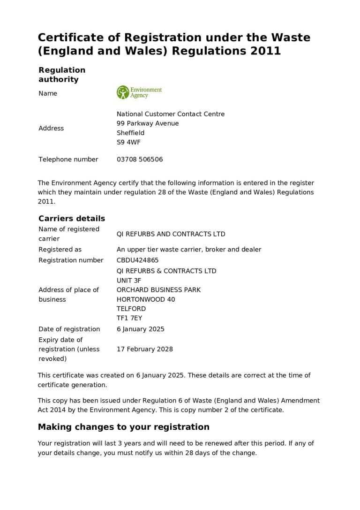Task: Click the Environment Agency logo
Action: pos(139,92)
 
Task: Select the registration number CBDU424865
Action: pos(137,260)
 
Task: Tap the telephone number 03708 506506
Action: pos(140,160)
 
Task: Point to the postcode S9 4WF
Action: pos(128,142)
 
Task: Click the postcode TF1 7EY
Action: pos(129,318)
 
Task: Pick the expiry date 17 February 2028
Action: pos(144,349)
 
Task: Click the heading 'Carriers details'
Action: pos(72,219)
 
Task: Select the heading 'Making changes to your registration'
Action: pos(123,427)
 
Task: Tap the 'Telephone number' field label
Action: pos(68,160)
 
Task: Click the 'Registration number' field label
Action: pos(71,260)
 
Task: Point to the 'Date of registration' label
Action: pos(69,329)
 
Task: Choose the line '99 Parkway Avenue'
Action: pos(148,123)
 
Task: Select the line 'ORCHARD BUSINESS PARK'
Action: pos(158,290)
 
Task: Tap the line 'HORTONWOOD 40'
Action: pos(146,299)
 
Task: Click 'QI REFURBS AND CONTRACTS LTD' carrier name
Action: pos(171,234)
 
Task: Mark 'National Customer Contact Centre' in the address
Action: pos(171,114)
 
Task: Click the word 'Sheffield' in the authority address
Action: pos(130,133)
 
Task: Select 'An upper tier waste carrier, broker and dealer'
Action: pos(189,250)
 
